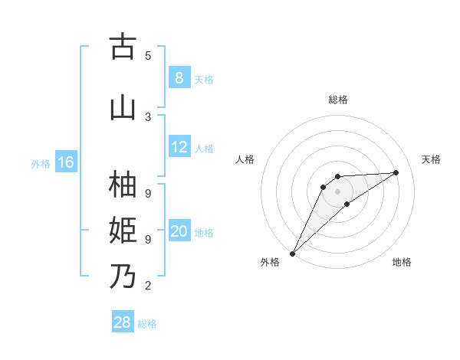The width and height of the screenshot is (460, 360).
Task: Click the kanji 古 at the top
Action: pos(123,47)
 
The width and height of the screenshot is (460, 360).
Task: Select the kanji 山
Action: pos(123,107)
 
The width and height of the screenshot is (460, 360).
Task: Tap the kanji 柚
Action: pos(123,185)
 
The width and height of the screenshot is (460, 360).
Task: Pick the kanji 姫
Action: pos(123,230)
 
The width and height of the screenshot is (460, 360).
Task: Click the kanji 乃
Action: pos(123,276)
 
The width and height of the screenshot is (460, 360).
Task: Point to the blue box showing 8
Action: pos(179,78)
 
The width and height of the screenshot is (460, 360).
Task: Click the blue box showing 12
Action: pos(179,147)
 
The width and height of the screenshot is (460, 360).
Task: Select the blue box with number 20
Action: pos(179,231)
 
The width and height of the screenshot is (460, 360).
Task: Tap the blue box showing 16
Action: pos(65,162)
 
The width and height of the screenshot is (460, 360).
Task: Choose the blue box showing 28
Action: pos(123,322)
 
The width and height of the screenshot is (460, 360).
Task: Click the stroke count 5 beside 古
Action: pos(148,55)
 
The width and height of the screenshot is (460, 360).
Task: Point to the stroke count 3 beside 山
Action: pos(148,116)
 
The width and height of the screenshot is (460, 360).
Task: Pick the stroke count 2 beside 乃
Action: pos(148,286)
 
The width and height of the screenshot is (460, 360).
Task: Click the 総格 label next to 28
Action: pos(147,324)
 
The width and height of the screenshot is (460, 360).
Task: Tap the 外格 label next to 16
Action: pos(40,163)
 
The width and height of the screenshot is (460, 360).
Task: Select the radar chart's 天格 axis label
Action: pos(431,159)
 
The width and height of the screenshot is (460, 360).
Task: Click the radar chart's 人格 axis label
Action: pos(245,159)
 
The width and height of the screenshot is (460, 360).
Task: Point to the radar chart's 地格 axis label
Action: pos(402,262)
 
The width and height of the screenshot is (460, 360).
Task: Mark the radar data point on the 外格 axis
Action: pos(292,253)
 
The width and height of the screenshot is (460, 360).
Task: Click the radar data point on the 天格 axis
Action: pos(396,172)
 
